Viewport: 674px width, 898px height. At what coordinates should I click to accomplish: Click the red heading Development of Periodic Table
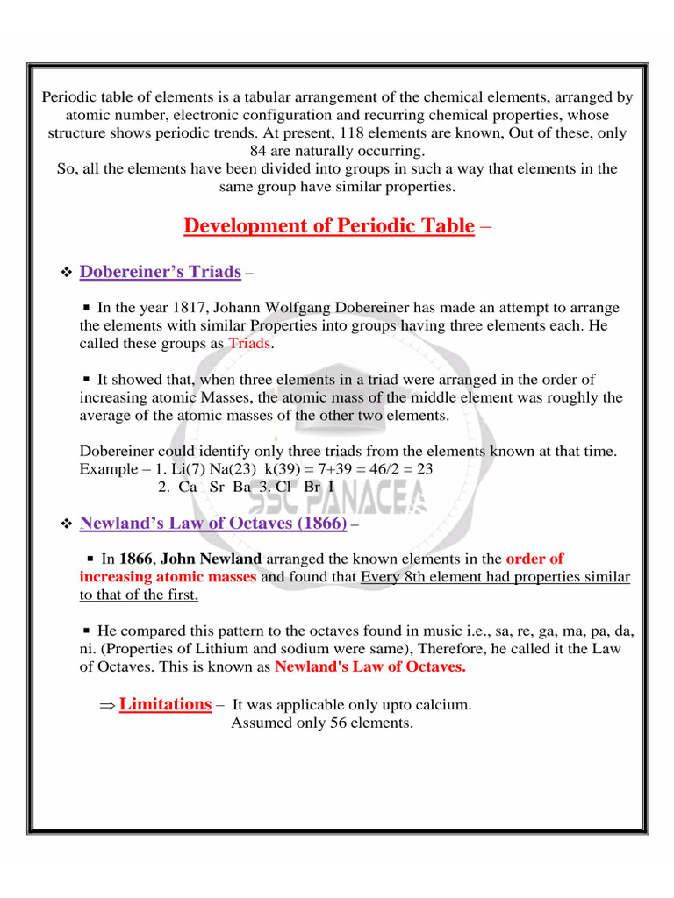tap(329, 226)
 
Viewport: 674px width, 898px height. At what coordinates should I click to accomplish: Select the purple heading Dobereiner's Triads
tap(160, 272)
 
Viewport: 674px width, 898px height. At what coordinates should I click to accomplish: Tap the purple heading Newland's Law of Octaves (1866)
tap(213, 524)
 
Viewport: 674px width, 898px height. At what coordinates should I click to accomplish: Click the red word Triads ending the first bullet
tap(250, 343)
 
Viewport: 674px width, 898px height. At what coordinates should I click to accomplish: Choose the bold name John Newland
tap(212, 559)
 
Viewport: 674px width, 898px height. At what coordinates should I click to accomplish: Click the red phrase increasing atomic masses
tap(168, 577)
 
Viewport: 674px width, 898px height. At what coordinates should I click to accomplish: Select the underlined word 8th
tap(420, 577)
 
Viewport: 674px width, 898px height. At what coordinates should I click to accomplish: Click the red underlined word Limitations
tap(165, 704)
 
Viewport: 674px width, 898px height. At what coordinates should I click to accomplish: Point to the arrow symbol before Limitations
tap(107, 705)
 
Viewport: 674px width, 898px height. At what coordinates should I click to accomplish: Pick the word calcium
tap(444, 705)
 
